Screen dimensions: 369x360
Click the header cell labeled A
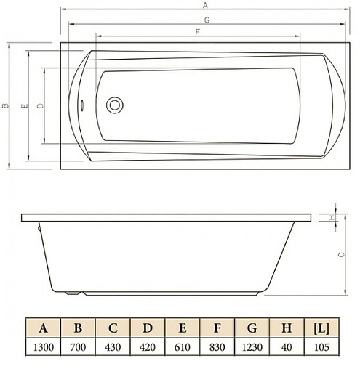tap(43, 328)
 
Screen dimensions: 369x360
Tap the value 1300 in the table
tap(43, 347)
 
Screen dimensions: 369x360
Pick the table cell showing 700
tap(78, 347)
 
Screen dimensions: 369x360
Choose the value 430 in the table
tap(113, 347)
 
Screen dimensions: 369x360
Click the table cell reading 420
tap(148, 347)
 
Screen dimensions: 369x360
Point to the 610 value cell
tap(182, 347)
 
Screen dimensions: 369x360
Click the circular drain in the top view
tap(114, 105)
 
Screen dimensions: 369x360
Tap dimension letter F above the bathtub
tap(197, 32)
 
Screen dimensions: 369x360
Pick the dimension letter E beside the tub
tap(24, 107)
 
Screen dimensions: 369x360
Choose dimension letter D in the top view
tap(39, 106)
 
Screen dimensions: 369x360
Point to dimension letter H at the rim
tap(331, 216)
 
